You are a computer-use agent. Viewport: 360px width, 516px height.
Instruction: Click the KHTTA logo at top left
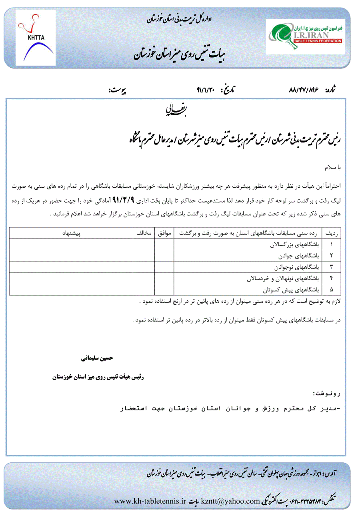tap(36, 38)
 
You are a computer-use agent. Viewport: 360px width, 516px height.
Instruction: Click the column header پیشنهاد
tap(71, 233)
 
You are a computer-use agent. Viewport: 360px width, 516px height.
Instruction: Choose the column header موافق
tap(164, 233)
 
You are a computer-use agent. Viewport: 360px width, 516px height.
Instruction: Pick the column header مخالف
tap(144, 233)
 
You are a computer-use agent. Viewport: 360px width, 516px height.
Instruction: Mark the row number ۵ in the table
tap(332, 289)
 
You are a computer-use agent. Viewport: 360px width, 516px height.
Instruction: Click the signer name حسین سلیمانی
tap(97, 358)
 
